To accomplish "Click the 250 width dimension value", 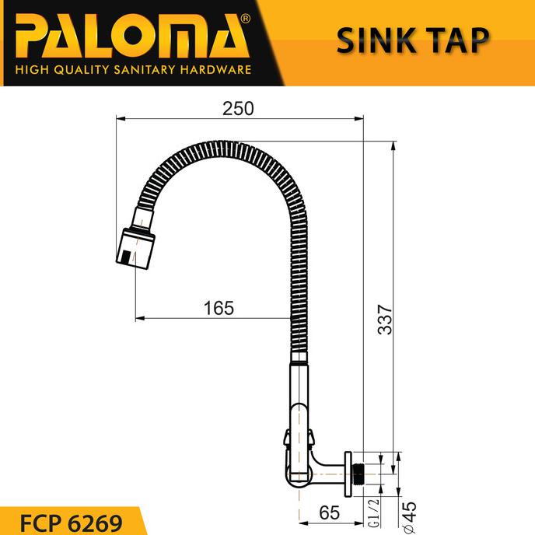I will point(238,108).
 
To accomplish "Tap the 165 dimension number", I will point(219,308).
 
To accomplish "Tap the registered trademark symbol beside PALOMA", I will point(246,17).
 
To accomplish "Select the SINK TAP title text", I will point(413,41).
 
